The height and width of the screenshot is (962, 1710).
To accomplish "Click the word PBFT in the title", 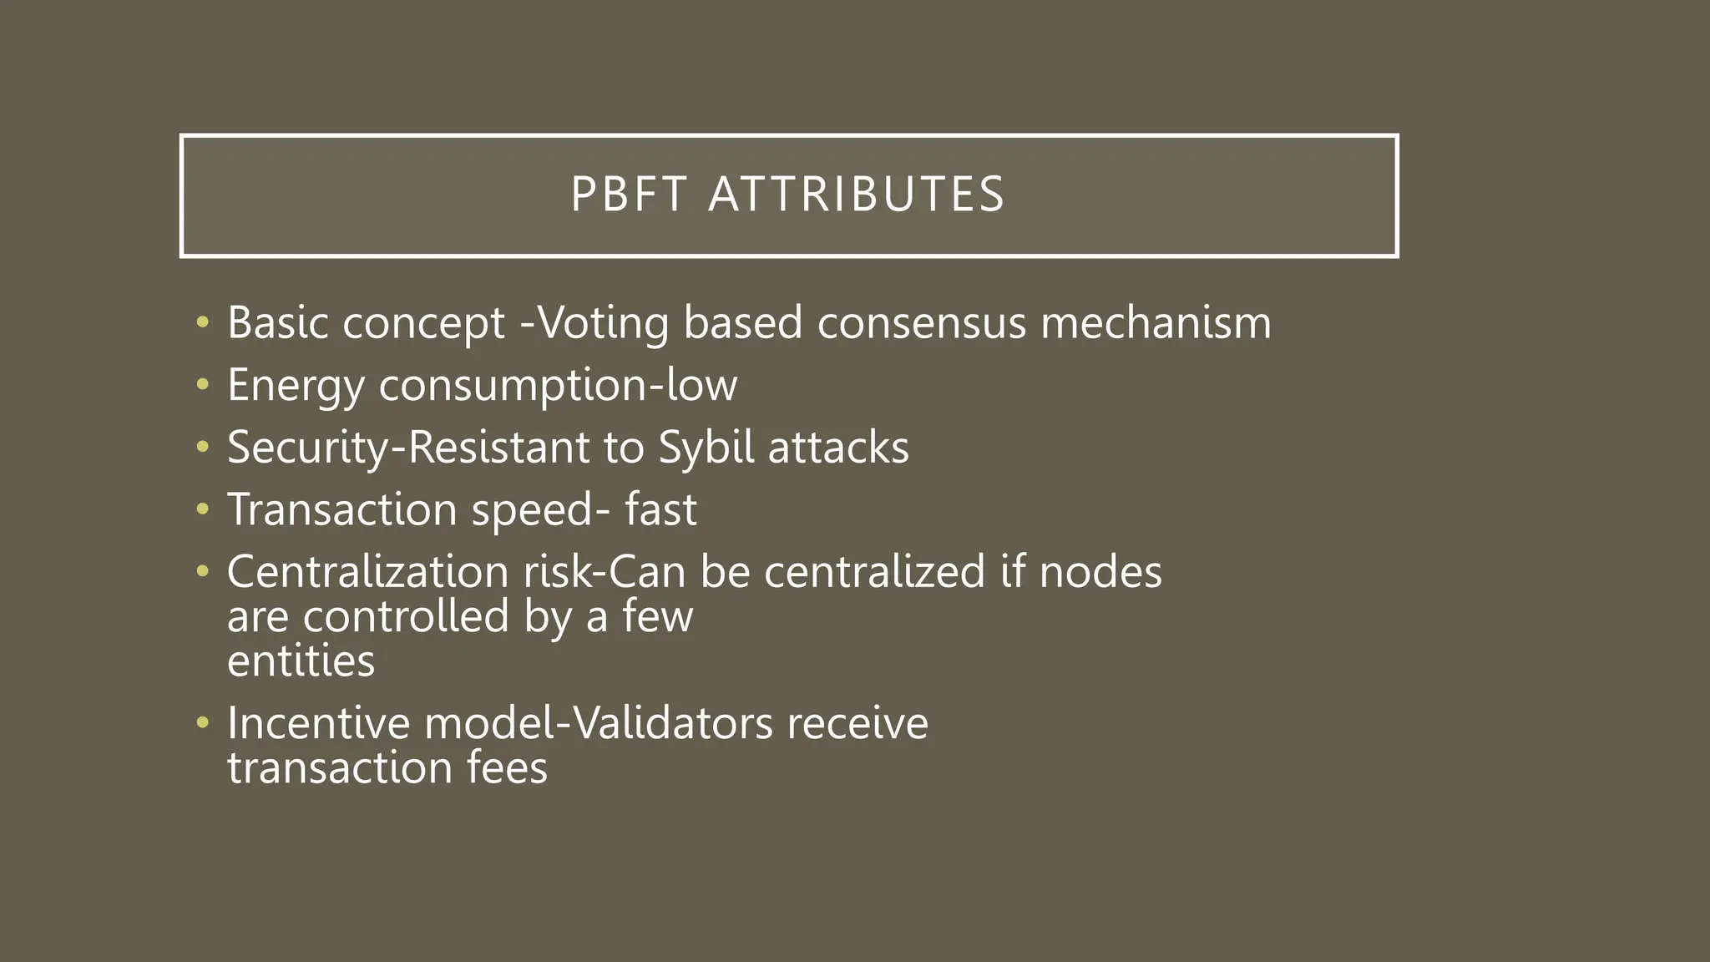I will tap(629, 195).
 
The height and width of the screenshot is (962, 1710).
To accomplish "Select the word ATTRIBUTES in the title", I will tap(856, 195).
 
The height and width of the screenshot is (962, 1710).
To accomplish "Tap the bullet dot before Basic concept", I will tap(201, 322).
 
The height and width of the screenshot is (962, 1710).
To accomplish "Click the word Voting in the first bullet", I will tap(602, 323).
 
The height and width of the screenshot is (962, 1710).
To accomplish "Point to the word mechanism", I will tap(1156, 323).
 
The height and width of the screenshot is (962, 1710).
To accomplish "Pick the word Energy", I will tap(296, 386).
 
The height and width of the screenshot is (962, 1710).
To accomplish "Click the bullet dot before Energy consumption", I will tap(201, 385).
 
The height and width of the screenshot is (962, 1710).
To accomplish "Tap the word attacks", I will tap(838, 448).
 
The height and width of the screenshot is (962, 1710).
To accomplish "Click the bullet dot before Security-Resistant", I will tap(201, 448).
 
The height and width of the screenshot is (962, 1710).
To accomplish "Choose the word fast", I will tap(660, 509).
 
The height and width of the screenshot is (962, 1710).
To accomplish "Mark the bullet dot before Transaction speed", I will tap(201, 509).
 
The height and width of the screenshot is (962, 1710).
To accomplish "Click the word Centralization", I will tap(368, 572).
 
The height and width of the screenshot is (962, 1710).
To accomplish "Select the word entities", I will tap(301, 661).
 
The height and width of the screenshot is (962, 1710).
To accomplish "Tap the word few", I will tap(657, 617).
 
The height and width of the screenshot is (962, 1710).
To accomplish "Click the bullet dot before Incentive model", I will tap(201, 722).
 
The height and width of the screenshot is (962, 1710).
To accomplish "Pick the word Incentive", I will tap(318, 723).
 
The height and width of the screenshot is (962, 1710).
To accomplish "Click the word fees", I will tap(507, 767).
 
